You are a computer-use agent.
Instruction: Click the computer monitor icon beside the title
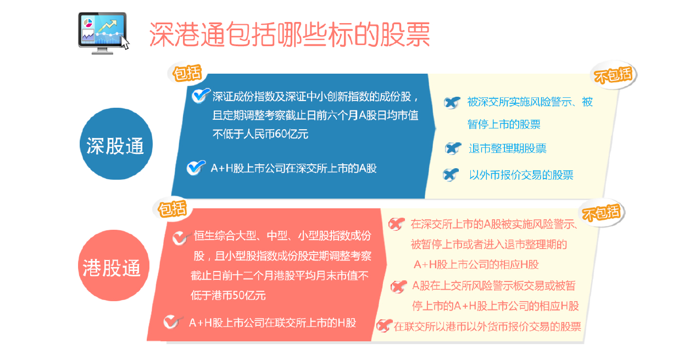click(x=103, y=33)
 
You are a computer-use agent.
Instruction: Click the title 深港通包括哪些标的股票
click(x=289, y=34)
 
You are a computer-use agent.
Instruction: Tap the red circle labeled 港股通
click(x=112, y=267)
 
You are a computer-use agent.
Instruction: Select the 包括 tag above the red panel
click(x=172, y=209)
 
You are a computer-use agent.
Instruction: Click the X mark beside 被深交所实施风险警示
click(x=452, y=102)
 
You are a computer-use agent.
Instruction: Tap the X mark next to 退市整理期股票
click(x=453, y=148)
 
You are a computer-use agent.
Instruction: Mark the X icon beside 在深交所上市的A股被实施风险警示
click(x=396, y=224)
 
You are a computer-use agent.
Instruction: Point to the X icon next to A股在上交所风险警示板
click(x=398, y=286)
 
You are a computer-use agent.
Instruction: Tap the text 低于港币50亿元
click(x=228, y=295)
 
